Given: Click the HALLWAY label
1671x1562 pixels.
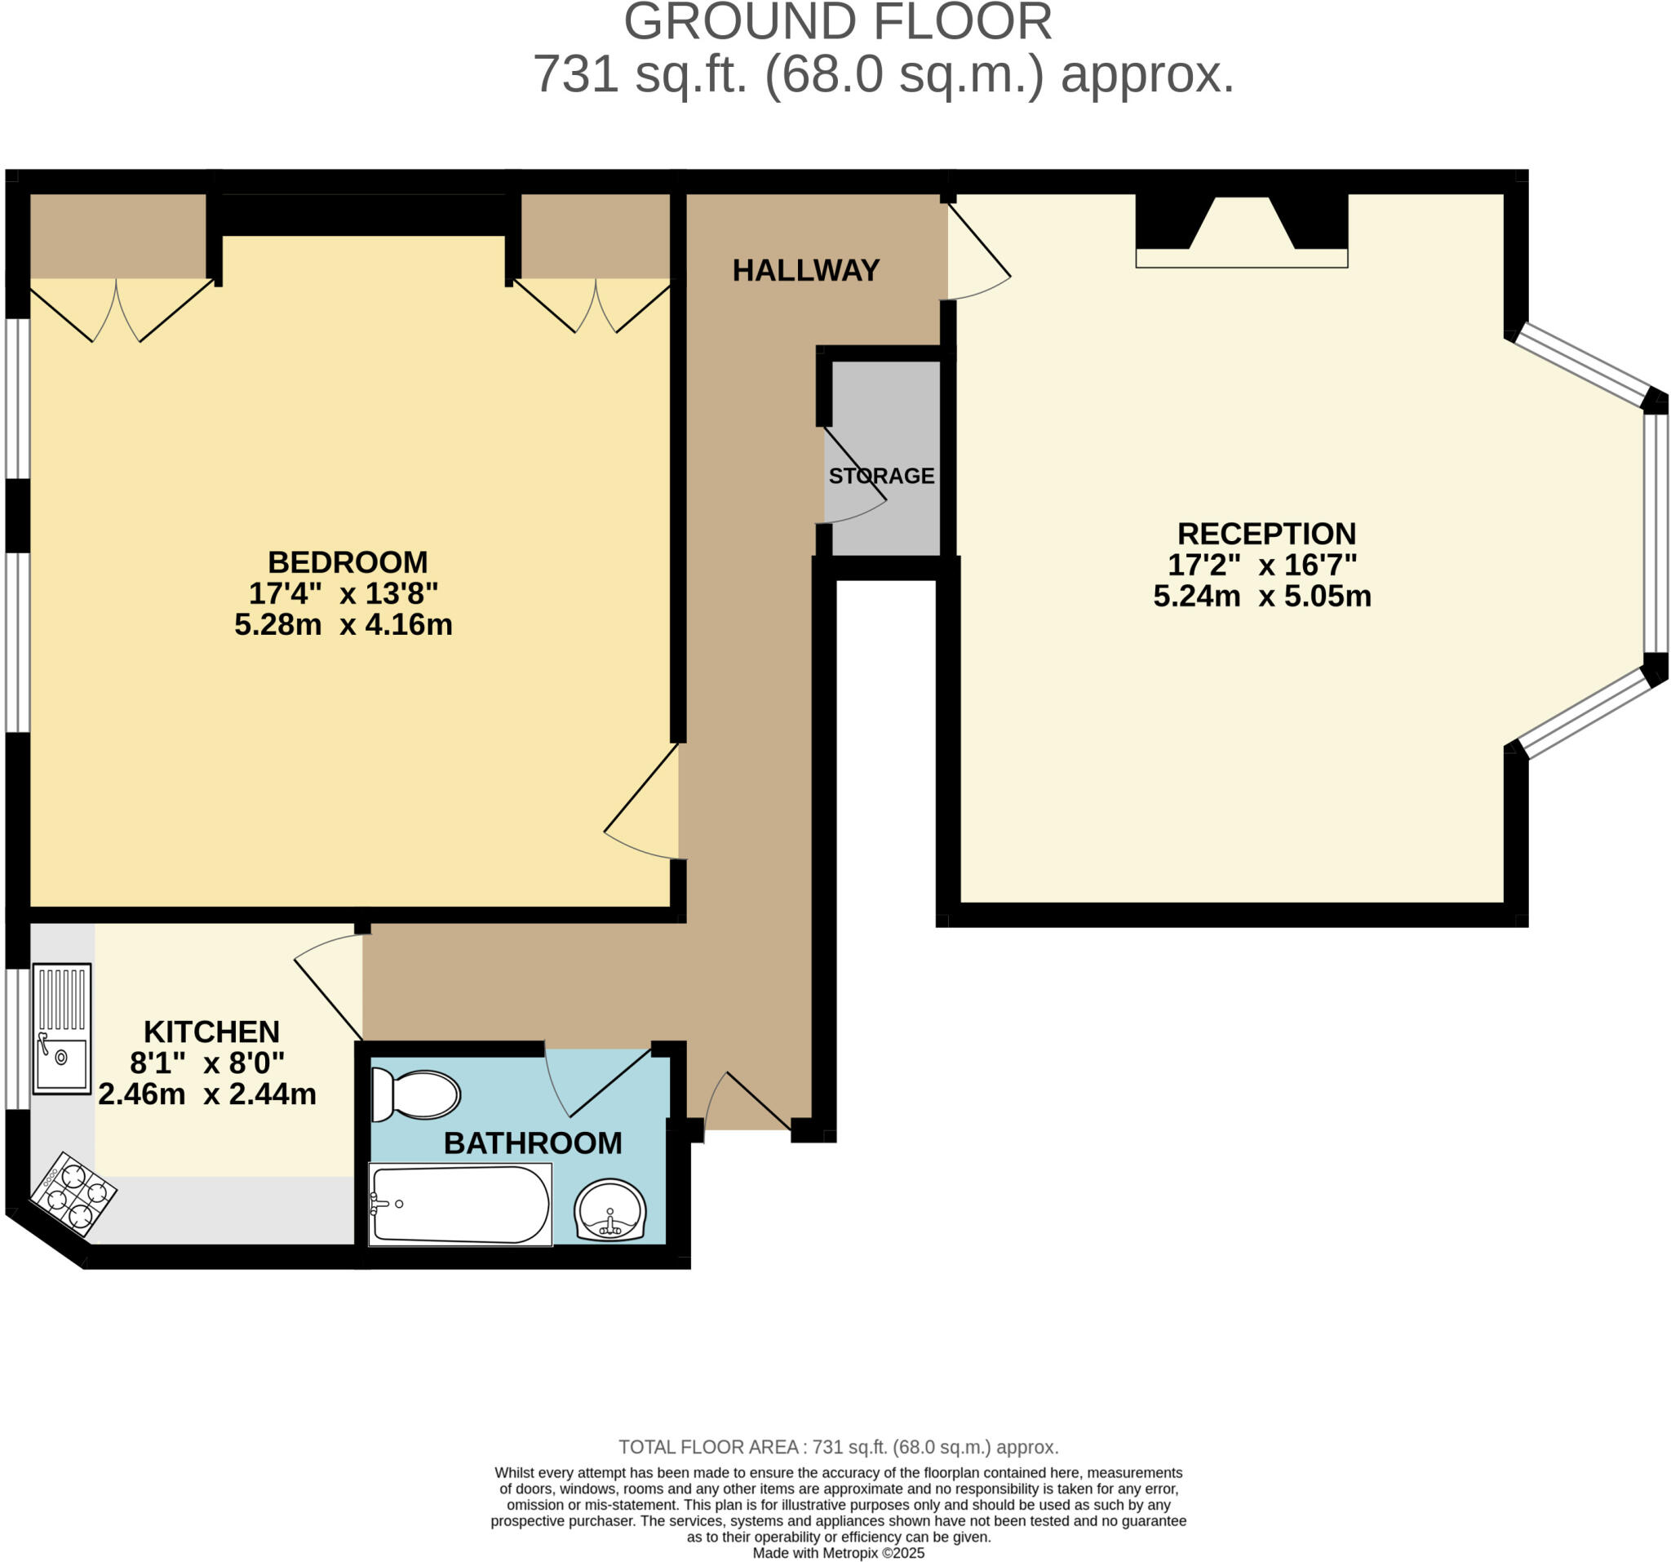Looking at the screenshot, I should pyautogui.click(x=805, y=270).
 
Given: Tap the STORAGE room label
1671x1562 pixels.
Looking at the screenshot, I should pyautogui.click(x=881, y=476).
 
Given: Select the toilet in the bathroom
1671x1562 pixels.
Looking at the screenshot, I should pyautogui.click(x=416, y=1094).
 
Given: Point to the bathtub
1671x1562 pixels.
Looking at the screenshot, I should pyautogui.click(x=460, y=1205).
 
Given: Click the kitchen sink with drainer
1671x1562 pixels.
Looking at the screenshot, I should pyautogui.click(x=61, y=1029).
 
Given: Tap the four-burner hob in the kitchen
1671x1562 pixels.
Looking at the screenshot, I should pyautogui.click(x=73, y=1194).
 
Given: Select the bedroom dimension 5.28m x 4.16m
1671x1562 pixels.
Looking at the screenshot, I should pyautogui.click(x=343, y=624).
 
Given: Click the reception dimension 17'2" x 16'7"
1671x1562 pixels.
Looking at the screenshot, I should pyautogui.click(x=1261, y=565).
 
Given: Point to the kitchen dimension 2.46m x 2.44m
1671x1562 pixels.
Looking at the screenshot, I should pyautogui.click(x=206, y=1094).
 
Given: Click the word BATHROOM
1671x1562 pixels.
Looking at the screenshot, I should pyautogui.click(x=532, y=1143).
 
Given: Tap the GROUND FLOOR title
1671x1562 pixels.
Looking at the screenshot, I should pyautogui.click(x=837, y=23).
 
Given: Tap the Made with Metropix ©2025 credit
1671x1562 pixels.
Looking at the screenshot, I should pyautogui.click(x=838, y=1553).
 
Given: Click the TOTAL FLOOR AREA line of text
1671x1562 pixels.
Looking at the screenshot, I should pyautogui.click(x=838, y=1447).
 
